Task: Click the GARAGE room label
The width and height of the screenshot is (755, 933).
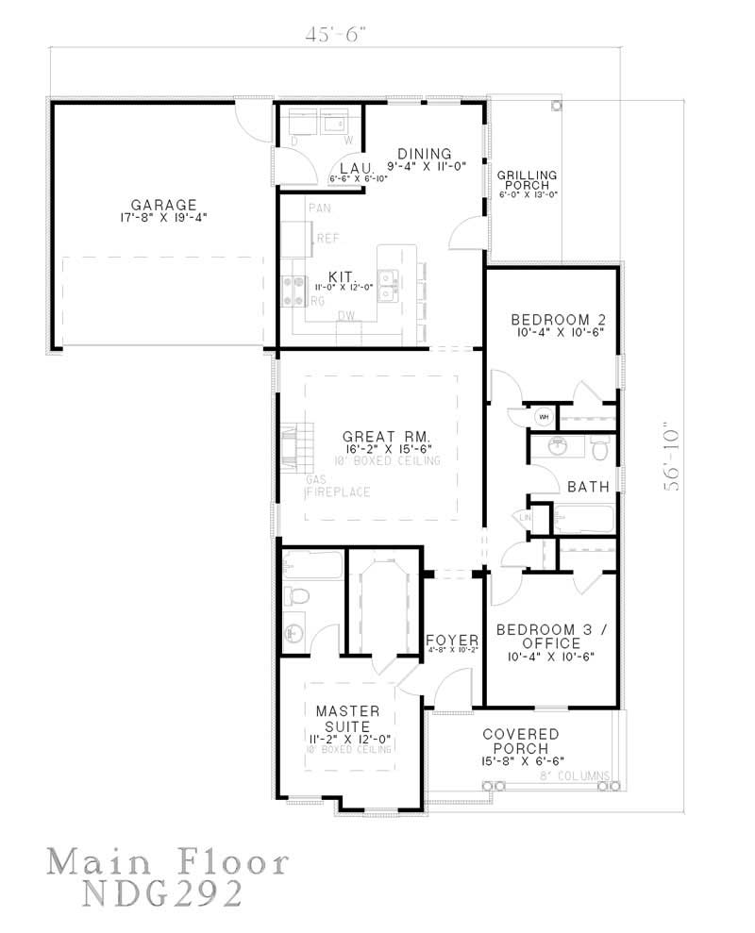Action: (x=163, y=204)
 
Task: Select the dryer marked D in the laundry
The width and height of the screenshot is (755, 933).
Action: (x=301, y=123)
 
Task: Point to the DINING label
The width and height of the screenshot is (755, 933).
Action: (x=424, y=154)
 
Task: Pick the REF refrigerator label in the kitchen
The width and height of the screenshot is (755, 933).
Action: (x=327, y=239)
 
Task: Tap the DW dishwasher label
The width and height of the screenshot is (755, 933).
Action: (x=346, y=316)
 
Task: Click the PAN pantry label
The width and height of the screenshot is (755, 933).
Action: (x=318, y=206)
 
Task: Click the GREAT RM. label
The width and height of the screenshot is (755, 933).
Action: (x=386, y=437)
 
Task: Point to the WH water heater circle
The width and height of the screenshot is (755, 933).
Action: (x=545, y=415)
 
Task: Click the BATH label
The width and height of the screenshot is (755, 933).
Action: (x=588, y=487)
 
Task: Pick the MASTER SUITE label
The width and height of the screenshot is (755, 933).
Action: (x=347, y=717)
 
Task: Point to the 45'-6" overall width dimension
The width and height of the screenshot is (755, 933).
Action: (x=334, y=34)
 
